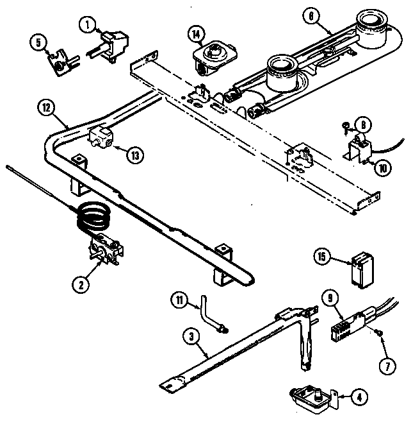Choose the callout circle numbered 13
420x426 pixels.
pyautogui.click(x=135, y=153)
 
